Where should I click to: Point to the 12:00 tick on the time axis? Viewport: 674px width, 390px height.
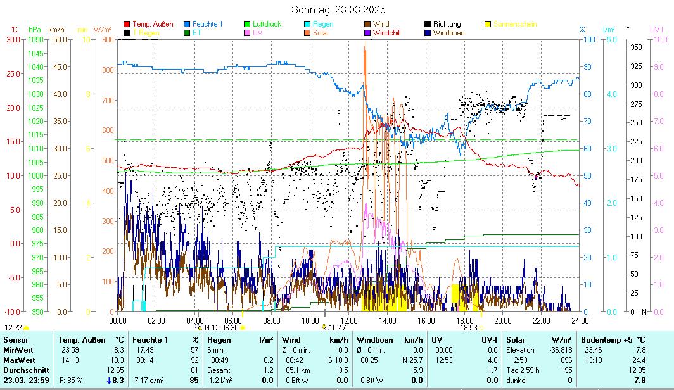[x=348, y=320]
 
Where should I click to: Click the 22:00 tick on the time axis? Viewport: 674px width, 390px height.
[x=541, y=320]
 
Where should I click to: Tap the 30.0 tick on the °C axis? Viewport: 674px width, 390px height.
[x=13, y=39]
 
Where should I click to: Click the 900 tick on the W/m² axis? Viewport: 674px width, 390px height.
[x=106, y=39]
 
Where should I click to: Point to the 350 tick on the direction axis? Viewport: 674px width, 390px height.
[x=636, y=47]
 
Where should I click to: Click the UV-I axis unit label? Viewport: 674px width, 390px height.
[x=656, y=29]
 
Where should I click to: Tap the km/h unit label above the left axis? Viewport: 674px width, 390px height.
[x=56, y=29]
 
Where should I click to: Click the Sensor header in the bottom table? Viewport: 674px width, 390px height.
[x=15, y=340]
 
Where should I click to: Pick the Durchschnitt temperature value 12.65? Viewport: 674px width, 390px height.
[x=115, y=370]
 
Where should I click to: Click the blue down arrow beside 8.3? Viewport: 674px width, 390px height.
[x=110, y=380]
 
